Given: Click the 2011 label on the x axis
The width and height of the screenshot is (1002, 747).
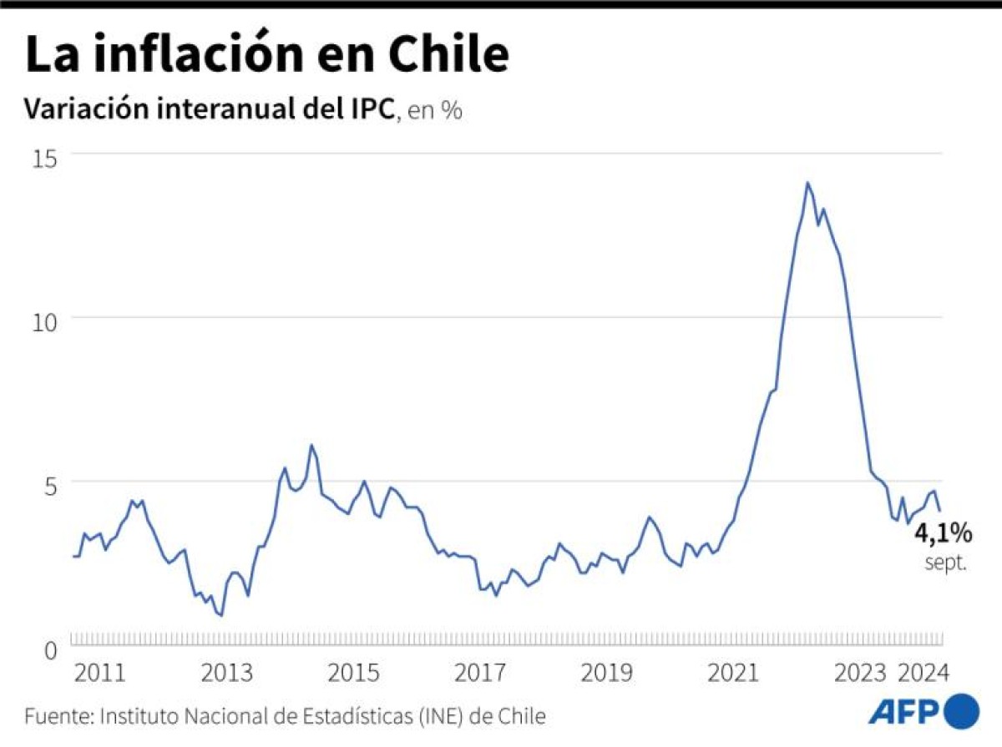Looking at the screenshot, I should [x=99, y=673].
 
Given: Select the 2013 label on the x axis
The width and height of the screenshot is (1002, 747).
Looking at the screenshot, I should [x=225, y=673].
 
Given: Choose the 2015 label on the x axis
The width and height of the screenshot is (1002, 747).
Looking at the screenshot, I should [x=352, y=673].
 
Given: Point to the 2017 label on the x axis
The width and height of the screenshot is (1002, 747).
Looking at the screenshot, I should [x=479, y=673].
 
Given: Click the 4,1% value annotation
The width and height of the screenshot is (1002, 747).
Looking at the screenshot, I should [x=944, y=532].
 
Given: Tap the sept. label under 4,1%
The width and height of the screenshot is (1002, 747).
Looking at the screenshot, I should [x=945, y=563].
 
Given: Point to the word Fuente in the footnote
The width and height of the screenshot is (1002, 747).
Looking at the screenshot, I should [x=58, y=715].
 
